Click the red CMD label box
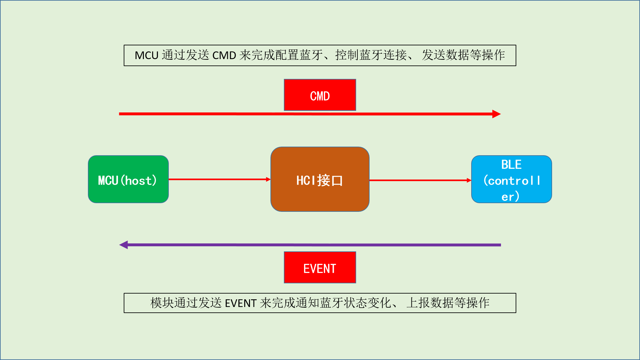click(320, 95)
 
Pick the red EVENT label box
click(320, 267)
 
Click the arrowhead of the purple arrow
click(124, 245)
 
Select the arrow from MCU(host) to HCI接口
click(219, 179)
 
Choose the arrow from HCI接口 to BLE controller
click(420, 180)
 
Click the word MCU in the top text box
click(146, 55)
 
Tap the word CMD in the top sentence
click(224, 55)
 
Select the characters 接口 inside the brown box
click(330, 180)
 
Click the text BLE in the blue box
click(511, 165)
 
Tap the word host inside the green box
click(138, 181)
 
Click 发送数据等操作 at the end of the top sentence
click(463, 55)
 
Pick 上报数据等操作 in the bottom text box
click(448, 303)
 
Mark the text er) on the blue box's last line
click(510, 196)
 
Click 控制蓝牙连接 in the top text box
click(371, 55)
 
